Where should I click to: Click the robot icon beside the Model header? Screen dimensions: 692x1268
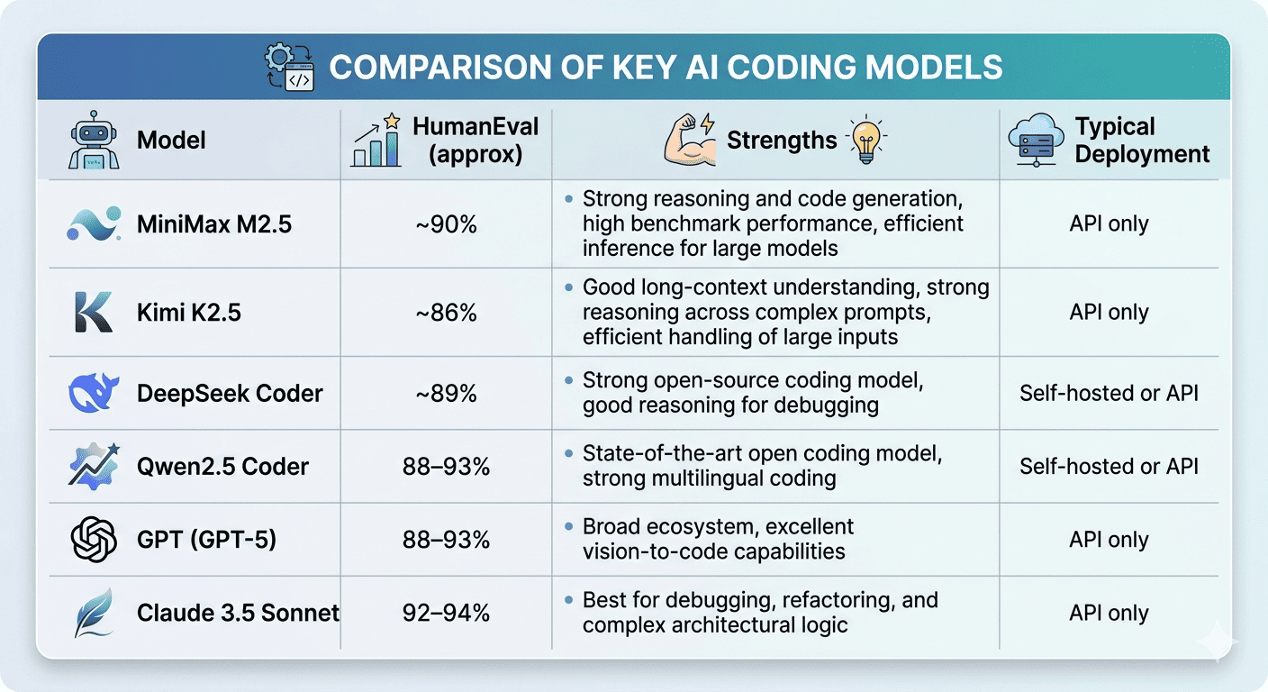(x=94, y=141)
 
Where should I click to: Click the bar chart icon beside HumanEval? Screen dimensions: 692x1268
(x=376, y=141)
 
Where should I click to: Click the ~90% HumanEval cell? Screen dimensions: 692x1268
(x=448, y=224)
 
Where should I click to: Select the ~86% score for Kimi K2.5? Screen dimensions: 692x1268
(x=448, y=313)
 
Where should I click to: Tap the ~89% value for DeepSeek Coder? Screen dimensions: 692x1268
(x=448, y=393)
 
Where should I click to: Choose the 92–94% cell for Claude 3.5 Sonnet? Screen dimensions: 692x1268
(x=448, y=613)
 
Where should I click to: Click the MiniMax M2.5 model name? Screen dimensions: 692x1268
(x=214, y=224)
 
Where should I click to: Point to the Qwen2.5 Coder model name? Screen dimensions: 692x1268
(x=222, y=467)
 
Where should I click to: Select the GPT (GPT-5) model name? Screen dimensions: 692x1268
(x=206, y=540)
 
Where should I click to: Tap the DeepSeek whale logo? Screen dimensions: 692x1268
(x=94, y=393)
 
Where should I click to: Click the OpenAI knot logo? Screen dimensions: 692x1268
(x=94, y=540)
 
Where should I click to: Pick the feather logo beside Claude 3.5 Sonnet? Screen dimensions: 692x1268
(x=94, y=613)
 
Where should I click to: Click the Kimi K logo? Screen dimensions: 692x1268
(x=94, y=313)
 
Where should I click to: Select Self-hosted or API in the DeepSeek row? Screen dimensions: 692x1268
(x=1109, y=393)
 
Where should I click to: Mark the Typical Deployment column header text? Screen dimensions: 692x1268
(x=1142, y=141)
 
